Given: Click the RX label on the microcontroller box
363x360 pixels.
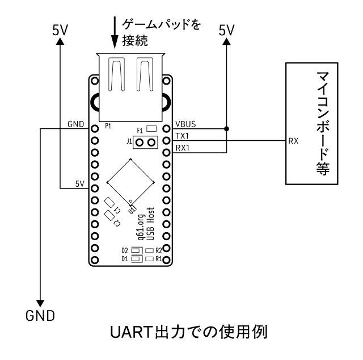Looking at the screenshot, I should pos(293,140).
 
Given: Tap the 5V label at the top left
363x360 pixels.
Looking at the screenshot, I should pos(60,31).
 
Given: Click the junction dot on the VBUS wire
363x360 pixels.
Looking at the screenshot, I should pos(227,129).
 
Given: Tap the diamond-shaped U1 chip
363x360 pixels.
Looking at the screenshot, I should pos(131,181).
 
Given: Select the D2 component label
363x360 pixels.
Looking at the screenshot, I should pos(124,250).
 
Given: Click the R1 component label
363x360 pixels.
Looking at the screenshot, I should pos(159,259).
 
